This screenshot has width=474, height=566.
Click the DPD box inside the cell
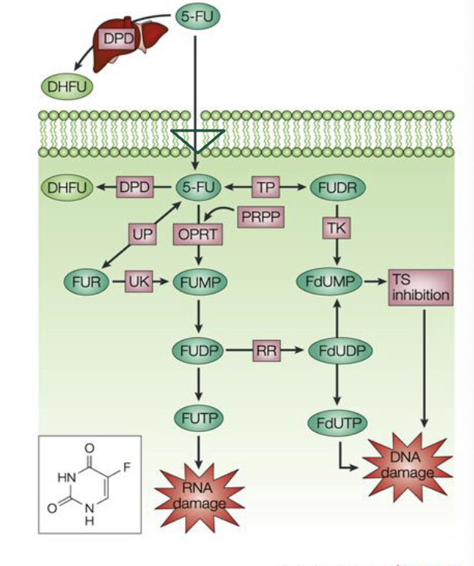tap(135, 187)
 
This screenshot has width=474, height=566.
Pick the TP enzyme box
tap(263, 187)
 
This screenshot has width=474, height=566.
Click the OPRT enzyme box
tap(196, 233)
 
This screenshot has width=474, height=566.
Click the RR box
tap(264, 350)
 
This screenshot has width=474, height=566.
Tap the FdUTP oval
tap(332, 423)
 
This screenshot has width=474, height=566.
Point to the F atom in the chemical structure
tap(126, 468)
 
